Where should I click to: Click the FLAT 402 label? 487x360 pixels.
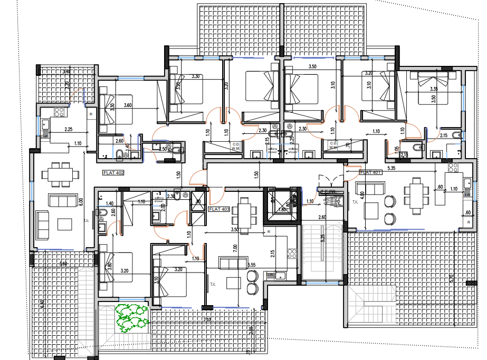tap(113, 172)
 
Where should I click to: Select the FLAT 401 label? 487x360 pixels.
tap(370, 172)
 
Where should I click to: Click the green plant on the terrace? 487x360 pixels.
tap(132, 318)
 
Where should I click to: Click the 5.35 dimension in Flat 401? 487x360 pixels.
tap(391, 169)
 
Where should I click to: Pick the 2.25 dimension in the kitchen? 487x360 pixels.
tap(69, 129)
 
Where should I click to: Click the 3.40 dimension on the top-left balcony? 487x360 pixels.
tap(66, 72)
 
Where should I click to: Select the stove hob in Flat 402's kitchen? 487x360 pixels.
tap(59, 112)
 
